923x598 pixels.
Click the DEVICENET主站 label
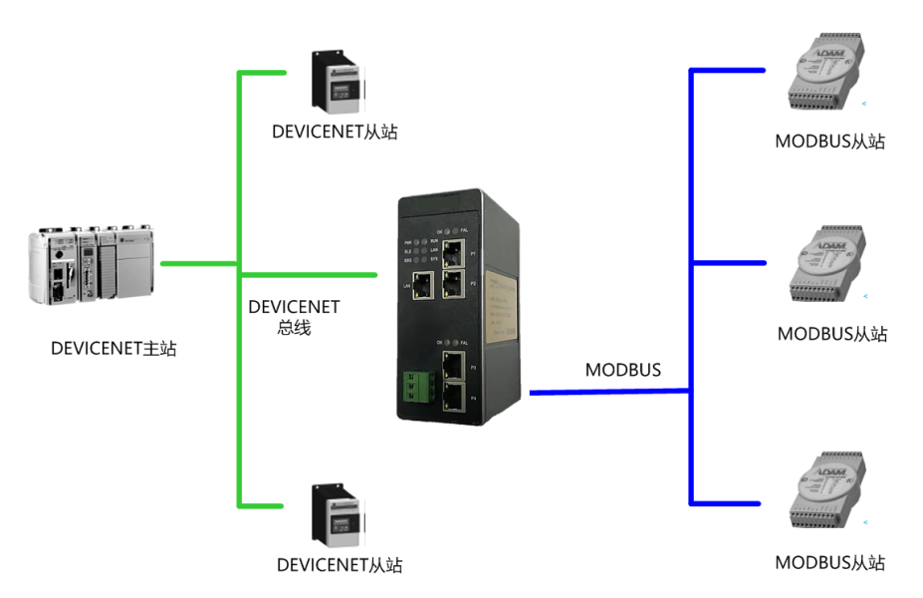tap(114, 349)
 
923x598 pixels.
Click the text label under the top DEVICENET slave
tap(335, 132)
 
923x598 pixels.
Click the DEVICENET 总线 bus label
tap(294, 317)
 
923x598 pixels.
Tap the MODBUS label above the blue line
tap(623, 370)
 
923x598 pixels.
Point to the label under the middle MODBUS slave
tap(831, 334)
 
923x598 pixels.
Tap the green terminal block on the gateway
tap(413, 389)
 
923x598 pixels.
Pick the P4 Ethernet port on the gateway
tap(453, 398)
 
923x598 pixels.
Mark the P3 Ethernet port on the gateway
tap(453, 365)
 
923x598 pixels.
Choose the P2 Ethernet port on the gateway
tap(453, 284)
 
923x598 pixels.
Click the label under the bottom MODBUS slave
tap(829, 563)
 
